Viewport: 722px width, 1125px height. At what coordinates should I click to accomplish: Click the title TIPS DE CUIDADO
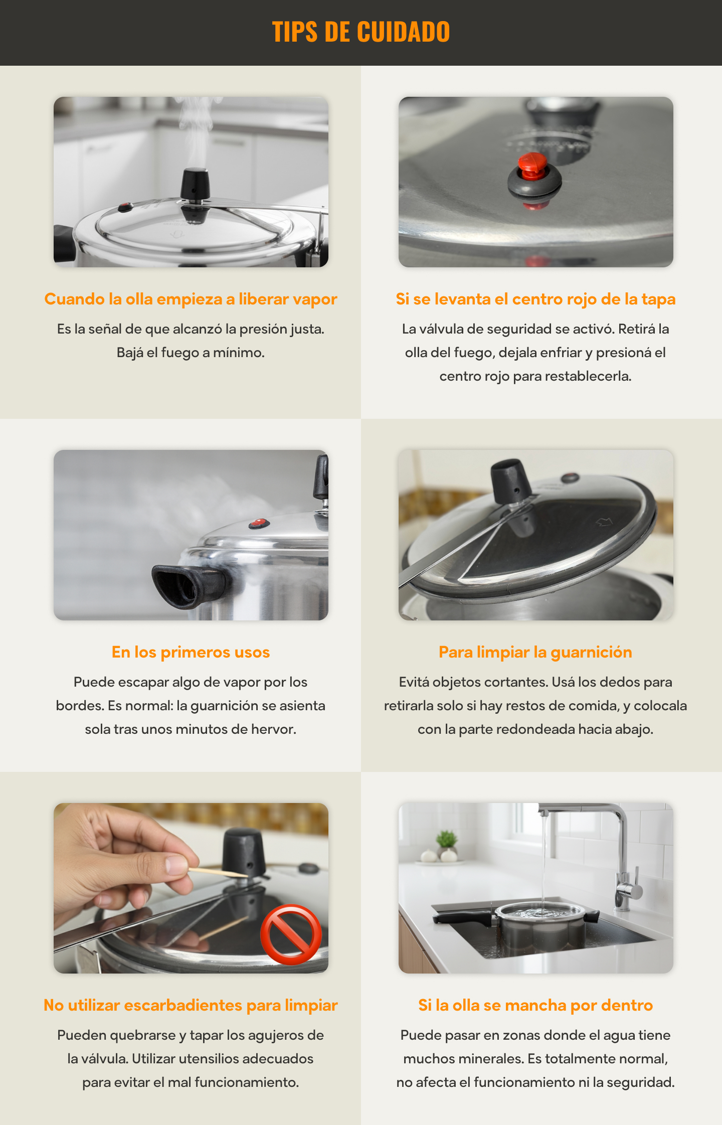361,32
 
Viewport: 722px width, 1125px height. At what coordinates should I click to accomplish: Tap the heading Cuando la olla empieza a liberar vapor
191,299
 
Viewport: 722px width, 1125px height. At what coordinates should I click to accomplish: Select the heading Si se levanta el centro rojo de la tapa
535,299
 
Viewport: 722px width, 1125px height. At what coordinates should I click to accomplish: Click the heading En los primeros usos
191,652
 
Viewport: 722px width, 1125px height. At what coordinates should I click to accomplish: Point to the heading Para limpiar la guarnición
535,652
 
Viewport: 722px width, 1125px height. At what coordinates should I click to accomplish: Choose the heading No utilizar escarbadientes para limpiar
191,1005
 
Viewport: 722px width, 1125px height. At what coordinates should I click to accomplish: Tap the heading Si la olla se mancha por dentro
535,1005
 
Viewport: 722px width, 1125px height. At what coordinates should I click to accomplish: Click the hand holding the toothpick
125,863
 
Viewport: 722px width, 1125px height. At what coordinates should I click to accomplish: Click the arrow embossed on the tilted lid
604,522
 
